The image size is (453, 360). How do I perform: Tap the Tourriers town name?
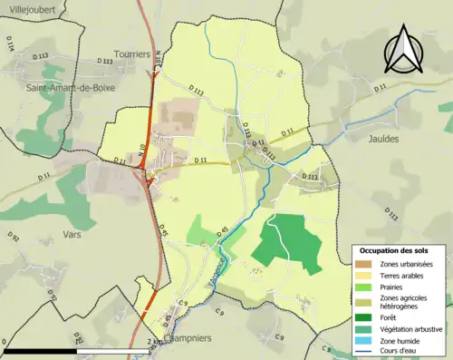[x=131, y=54]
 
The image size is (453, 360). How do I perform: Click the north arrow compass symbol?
[x=403, y=49]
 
